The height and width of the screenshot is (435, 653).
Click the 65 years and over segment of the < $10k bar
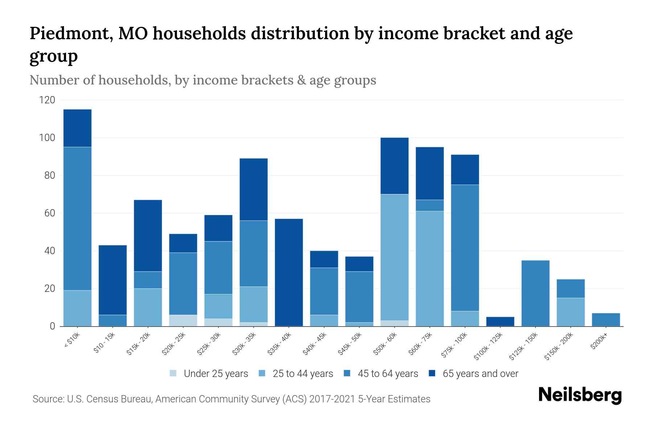77,128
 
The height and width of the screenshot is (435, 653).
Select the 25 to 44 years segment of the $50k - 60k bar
394,257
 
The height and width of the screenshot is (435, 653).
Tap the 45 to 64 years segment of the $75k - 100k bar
465,248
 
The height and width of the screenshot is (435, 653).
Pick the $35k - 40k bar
289,272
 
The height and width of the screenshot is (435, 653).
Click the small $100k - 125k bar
500,322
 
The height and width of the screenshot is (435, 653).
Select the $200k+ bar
605,319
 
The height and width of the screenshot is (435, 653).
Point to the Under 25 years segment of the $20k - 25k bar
183,320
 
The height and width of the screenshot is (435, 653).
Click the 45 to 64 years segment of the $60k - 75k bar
430,205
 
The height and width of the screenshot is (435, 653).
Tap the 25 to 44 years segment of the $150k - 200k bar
570,312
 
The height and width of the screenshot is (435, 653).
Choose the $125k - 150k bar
535,293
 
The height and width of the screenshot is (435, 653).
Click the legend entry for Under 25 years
209,374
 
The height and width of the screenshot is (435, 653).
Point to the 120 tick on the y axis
47,100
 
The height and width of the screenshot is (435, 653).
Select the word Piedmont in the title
70,33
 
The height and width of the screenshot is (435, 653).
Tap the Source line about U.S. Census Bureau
231,399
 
